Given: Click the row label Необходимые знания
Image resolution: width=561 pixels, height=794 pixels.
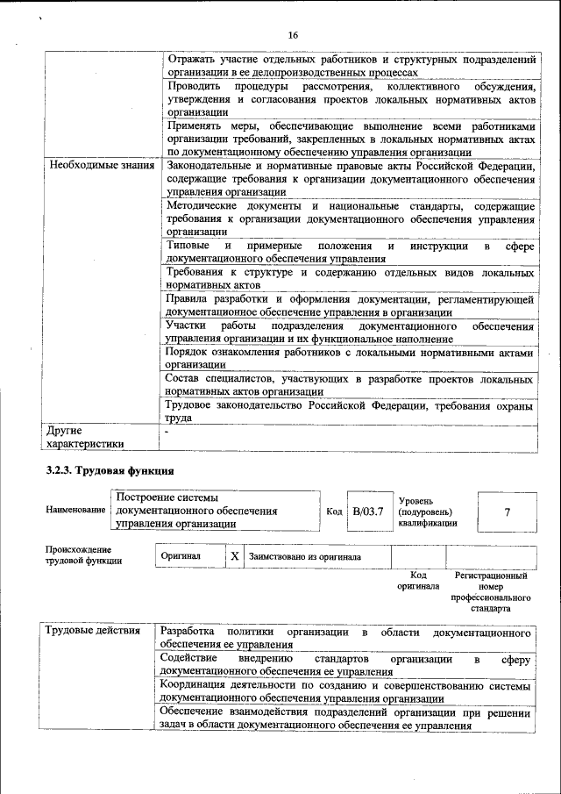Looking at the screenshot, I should tap(101, 165).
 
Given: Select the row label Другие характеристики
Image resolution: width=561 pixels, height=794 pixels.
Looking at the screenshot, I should tap(86, 438).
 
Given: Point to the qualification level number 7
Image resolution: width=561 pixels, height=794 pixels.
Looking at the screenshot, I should tap(508, 511).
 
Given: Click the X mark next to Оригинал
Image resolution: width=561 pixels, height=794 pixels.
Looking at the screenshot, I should tap(234, 556).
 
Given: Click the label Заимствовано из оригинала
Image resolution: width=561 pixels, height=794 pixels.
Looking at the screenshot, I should tap(304, 556).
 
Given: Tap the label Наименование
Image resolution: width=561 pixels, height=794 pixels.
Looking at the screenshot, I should tap(75, 511).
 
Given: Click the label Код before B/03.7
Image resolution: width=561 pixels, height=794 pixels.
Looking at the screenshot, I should tap(334, 511).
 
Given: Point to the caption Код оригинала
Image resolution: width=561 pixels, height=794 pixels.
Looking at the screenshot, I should tap(417, 581).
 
